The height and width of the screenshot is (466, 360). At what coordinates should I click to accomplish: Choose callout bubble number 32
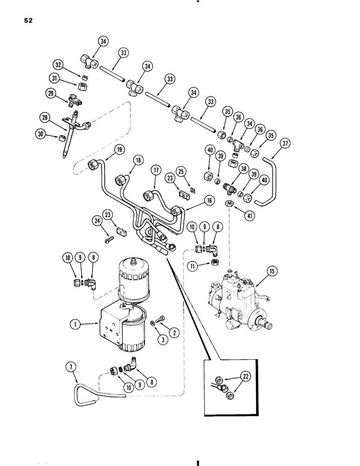click(x=72, y=65)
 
